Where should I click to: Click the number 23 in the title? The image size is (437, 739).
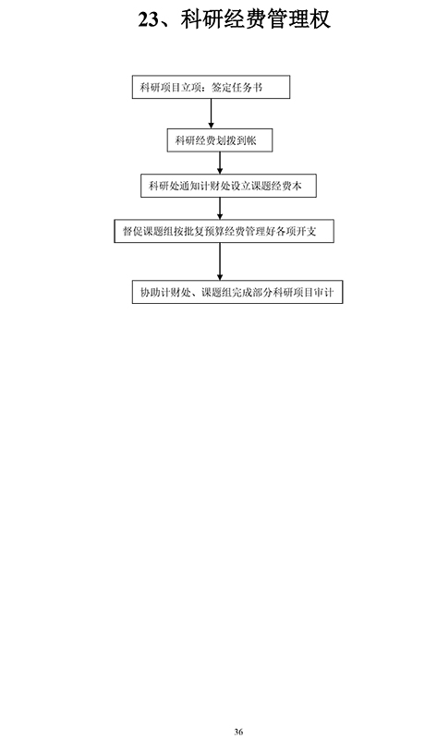point(148,19)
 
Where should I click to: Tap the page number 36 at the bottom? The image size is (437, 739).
point(238,732)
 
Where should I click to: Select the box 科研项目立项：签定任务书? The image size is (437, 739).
point(211,87)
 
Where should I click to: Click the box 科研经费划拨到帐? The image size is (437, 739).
point(220,140)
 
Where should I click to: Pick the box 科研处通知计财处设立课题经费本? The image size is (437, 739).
point(228,186)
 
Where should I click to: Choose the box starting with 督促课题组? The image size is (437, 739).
point(224,232)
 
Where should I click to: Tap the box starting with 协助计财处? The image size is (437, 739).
point(237,292)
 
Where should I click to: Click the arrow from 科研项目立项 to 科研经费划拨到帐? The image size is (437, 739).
point(211,114)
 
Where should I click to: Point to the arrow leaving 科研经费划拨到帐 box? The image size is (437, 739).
point(220,164)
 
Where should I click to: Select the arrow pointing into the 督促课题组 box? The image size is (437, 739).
point(220,209)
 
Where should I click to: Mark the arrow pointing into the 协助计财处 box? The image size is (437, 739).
point(220,261)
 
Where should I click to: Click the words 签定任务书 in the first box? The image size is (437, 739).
point(237,88)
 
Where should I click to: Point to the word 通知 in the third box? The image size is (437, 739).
point(189,187)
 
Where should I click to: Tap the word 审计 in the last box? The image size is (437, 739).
point(324,293)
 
